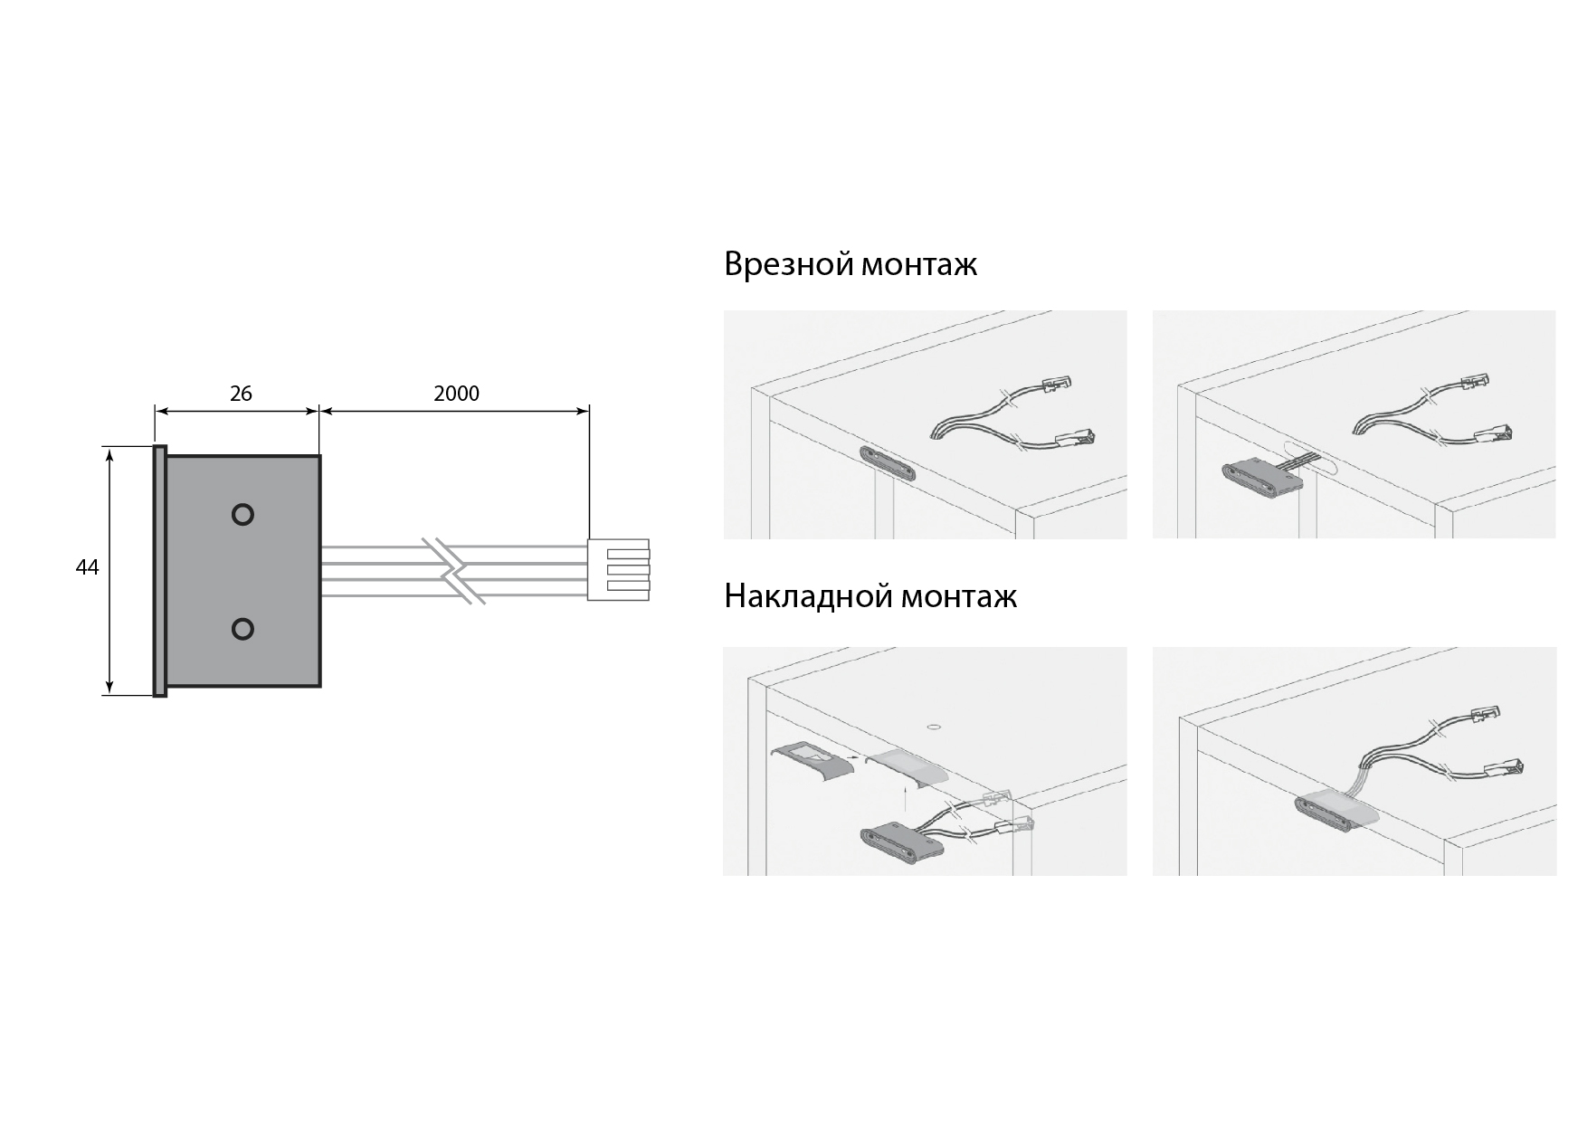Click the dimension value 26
(x=241, y=394)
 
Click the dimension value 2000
(x=456, y=394)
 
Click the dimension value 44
(x=87, y=568)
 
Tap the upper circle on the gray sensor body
(x=242, y=515)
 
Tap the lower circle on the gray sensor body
(x=242, y=629)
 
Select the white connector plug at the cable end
(x=619, y=570)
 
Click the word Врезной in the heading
(x=788, y=264)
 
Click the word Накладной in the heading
(x=808, y=596)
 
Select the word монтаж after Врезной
(x=919, y=265)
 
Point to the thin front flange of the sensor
(x=160, y=571)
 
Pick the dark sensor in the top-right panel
(x=1262, y=478)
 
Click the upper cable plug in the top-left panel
(x=1057, y=384)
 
